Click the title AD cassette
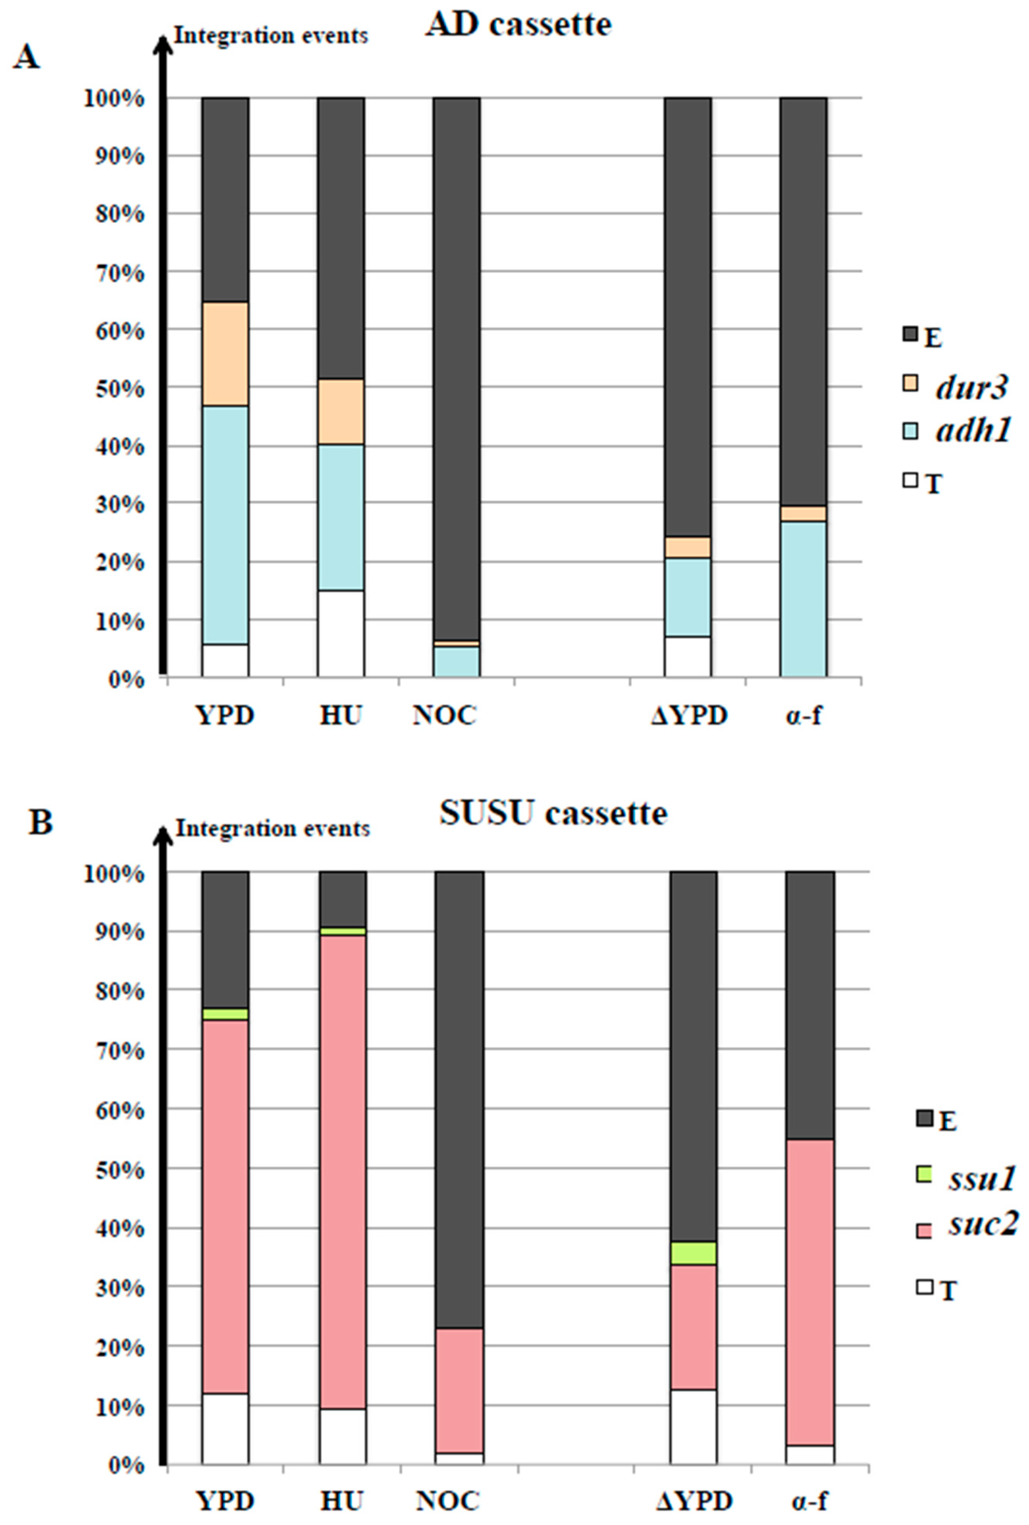519,25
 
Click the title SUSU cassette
553,814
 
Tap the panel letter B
41,823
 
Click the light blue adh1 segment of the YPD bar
225,525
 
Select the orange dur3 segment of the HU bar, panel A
341,412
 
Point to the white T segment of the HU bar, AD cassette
341,633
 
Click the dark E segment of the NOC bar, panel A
456,367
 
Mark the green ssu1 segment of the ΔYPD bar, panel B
693,1253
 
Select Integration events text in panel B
272,828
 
